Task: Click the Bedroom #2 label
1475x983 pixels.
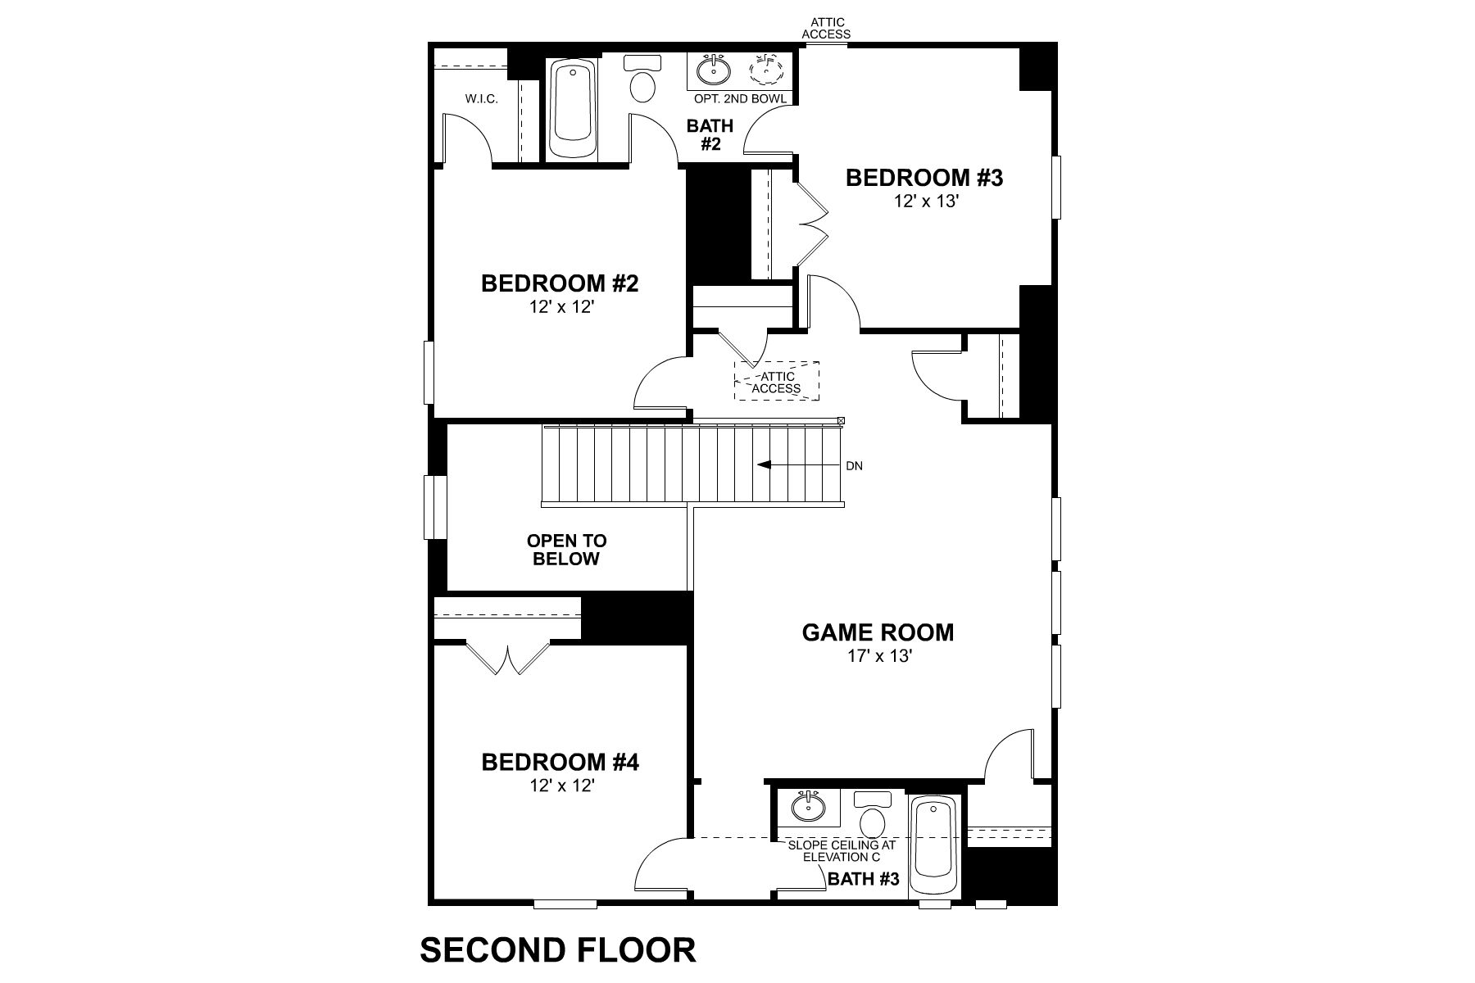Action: tap(560, 284)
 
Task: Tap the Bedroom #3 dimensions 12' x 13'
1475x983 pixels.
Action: tap(926, 202)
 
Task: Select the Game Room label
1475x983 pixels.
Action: tap(878, 632)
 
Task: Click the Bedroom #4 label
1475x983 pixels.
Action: tap(560, 763)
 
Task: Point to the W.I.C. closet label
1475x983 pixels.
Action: tap(482, 99)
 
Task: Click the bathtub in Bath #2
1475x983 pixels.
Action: tap(574, 110)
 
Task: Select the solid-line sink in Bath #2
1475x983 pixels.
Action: tap(714, 70)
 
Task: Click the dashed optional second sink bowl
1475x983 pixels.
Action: tap(767, 70)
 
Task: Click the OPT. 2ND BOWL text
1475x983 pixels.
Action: tap(740, 99)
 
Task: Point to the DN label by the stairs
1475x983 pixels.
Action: tap(854, 466)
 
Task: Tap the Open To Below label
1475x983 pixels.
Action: tap(566, 550)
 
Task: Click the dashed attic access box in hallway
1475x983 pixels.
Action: tap(776, 381)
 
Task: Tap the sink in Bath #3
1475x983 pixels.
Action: tap(809, 808)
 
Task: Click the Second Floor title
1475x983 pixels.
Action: tap(558, 950)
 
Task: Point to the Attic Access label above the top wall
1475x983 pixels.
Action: tap(826, 29)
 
